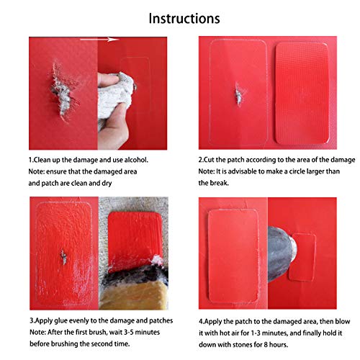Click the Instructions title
pos(184,18)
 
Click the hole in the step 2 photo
pos(237,94)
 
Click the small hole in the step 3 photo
pos(63,256)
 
